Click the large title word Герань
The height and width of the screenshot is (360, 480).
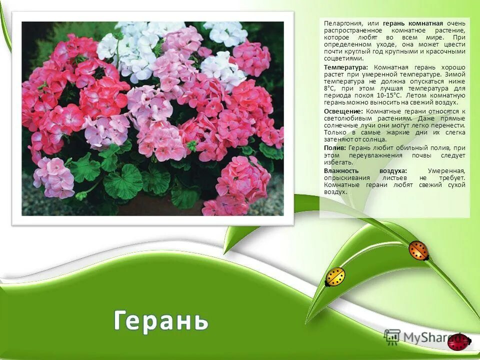(160, 320)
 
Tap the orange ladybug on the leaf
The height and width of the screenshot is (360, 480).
(418, 250)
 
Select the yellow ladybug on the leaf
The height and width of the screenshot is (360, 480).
(335, 276)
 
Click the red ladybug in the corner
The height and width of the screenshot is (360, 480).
(457, 342)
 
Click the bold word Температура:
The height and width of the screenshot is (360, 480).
(345, 67)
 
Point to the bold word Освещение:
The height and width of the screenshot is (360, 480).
(343, 110)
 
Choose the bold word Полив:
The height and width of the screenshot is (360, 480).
(334, 148)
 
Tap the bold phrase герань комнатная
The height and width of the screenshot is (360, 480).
(413, 23)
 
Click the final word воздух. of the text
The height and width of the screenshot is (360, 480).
(335, 192)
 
